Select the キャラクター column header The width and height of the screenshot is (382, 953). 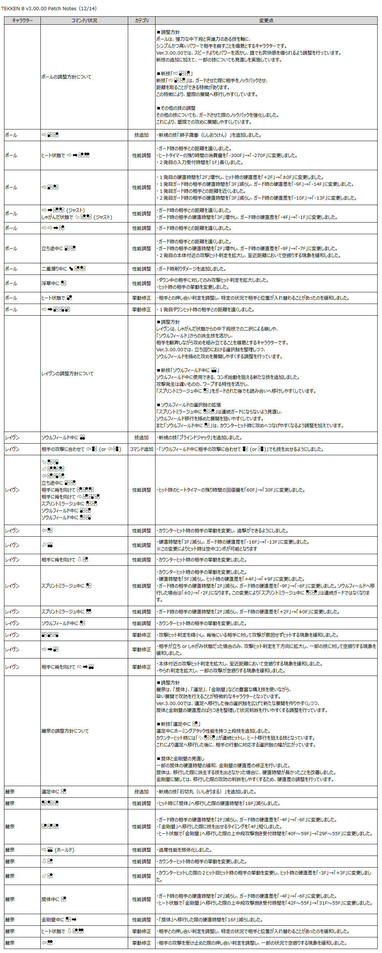[x=22, y=21]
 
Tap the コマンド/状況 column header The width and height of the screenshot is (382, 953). [x=84, y=21]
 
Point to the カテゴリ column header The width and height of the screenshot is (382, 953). [x=142, y=21]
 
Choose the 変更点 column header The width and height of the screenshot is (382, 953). [x=266, y=21]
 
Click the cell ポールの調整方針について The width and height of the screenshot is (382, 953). [x=66, y=77]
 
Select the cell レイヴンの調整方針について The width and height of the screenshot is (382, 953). [x=67, y=374]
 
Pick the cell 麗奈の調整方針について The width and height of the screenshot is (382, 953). [x=65, y=731]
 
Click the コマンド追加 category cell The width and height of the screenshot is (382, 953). [x=142, y=449]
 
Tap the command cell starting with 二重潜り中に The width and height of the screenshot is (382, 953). [x=63, y=269]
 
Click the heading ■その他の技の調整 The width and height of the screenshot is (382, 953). [x=176, y=108]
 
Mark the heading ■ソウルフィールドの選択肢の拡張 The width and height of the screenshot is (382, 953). [x=189, y=405]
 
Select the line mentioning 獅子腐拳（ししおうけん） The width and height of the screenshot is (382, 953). [x=210, y=135]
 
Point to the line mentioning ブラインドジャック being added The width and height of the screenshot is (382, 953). [x=200, y=437]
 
